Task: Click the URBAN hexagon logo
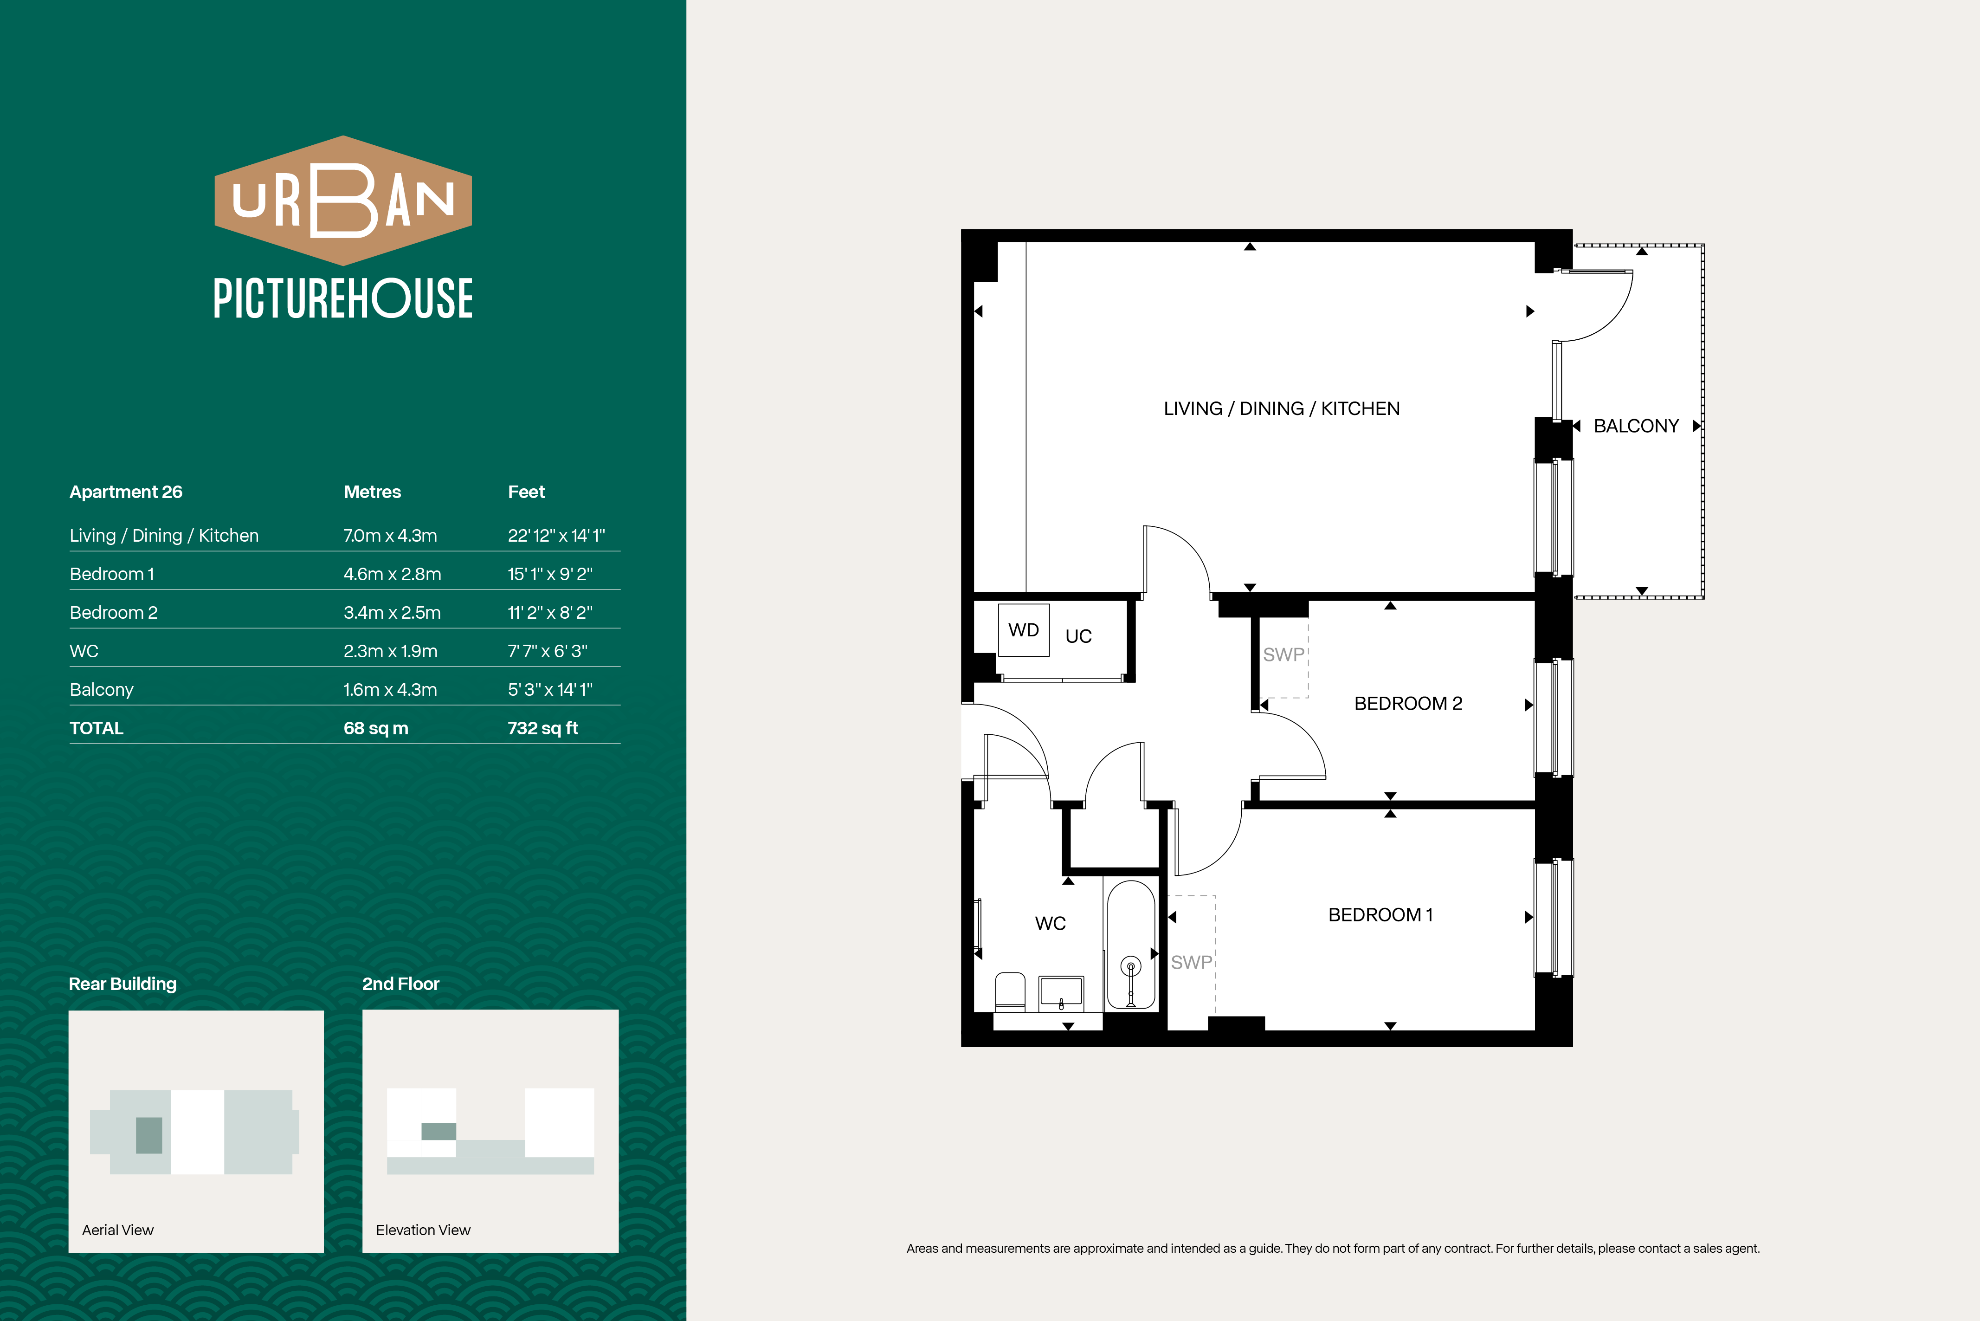click(343, 201)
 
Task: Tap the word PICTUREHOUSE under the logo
click(343, 298)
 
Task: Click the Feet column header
click(526, 492)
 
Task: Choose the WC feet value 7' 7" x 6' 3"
click(548, 650)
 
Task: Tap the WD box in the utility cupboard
click(1023, 630)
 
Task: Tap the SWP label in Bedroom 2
click(1283, 654)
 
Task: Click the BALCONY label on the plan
click(1636, 426)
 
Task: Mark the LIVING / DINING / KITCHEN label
click(1281, 408)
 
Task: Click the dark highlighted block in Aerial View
click(149, 1135)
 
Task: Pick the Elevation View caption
click(423, 1230)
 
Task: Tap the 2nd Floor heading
click(401, 984)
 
